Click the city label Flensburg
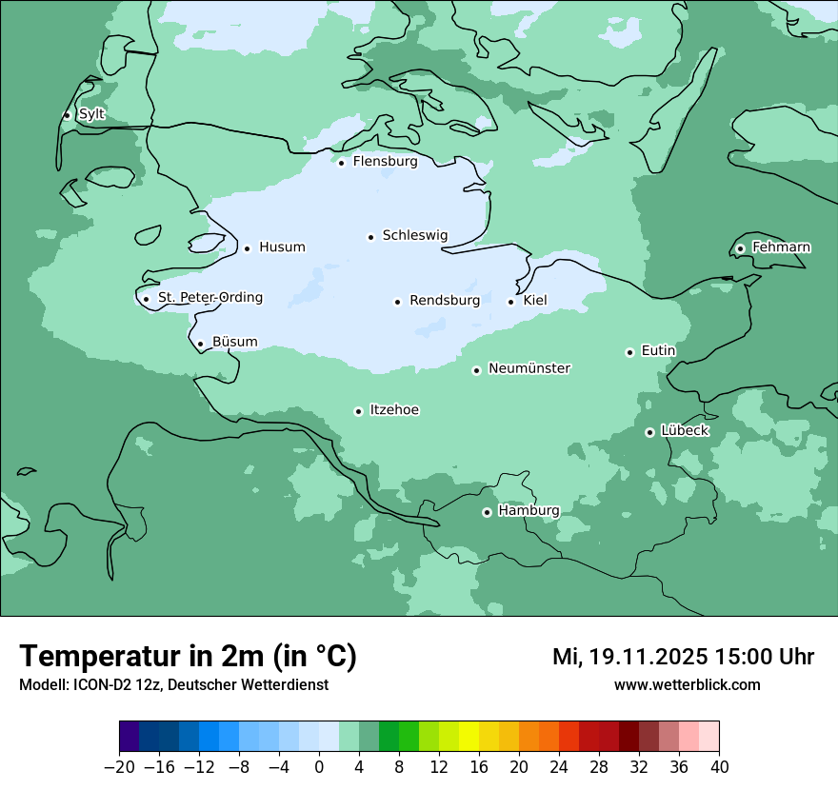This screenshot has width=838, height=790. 385,162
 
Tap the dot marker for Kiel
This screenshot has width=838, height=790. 511,302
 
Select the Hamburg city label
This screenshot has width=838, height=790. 529,511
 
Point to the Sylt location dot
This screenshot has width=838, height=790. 67,115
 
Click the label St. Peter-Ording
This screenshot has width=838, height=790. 209,298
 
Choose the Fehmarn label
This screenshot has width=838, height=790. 781,247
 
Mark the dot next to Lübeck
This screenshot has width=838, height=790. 649,432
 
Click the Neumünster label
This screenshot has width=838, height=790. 529,368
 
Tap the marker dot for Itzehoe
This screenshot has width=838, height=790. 358,411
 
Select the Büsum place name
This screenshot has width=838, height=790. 234,342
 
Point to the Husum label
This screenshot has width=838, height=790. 282,247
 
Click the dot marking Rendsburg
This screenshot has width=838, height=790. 397,302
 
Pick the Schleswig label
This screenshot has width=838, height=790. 414,235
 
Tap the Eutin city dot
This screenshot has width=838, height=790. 629,352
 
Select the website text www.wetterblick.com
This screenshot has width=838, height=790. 687,684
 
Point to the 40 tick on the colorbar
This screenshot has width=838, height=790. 719,767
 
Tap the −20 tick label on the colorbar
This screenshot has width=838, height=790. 119,767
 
